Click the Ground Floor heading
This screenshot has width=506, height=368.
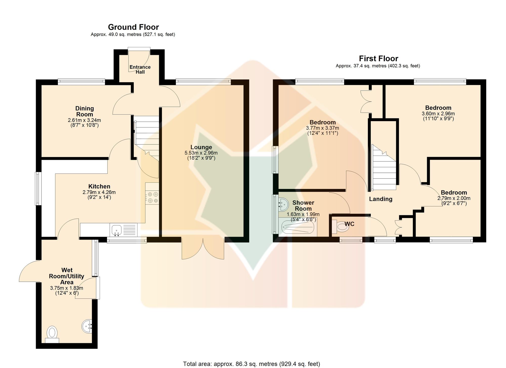[x=133, y=27]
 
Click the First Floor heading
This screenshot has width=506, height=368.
[x=378, y=59]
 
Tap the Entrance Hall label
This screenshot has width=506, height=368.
[x=140, y=70]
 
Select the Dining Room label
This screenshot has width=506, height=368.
[x=85, y=111]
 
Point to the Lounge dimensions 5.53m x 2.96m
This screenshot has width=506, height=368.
[x=201, y=153]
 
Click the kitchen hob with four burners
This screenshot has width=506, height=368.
[x=152, y=197]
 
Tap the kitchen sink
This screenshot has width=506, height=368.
[x=116, y=230]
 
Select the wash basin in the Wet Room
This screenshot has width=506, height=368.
[x=87, y=327]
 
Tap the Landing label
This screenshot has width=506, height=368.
[x=381, y=199]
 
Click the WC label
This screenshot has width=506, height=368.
[x=349, y=224]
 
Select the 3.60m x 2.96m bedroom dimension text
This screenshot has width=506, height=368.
[x=438, y=114]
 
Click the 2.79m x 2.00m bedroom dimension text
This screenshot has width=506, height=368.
[x=454, y=199]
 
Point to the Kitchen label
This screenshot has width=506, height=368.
[x=99, y=186]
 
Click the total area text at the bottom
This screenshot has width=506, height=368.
[x=251, y=364]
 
